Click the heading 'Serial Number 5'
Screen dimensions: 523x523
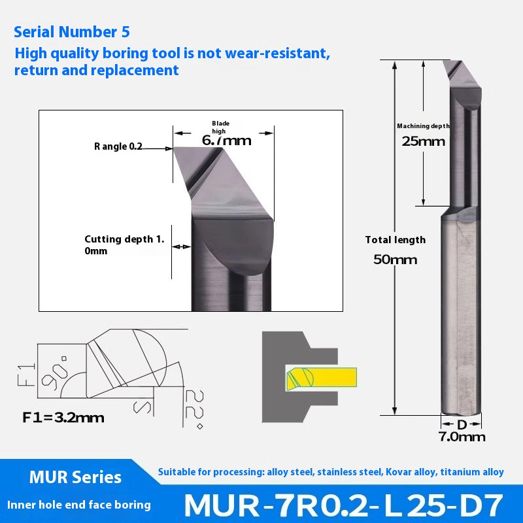[71, 31]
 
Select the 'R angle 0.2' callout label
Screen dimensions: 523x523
[118, 146]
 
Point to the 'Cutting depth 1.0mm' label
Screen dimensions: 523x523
[124, 245]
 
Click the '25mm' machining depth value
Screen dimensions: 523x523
[423, 141]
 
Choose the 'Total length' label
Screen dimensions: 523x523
[395, 240]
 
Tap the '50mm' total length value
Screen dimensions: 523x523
[395, 260]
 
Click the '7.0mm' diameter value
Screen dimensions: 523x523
[462, 437]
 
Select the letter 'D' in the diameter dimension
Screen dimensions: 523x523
[462, 424]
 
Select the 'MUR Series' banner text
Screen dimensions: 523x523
[75, 477]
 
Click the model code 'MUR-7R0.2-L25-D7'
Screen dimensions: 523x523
[343, 505]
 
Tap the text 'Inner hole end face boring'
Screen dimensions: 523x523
[78, 505]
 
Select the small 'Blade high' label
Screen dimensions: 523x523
[221, 127]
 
